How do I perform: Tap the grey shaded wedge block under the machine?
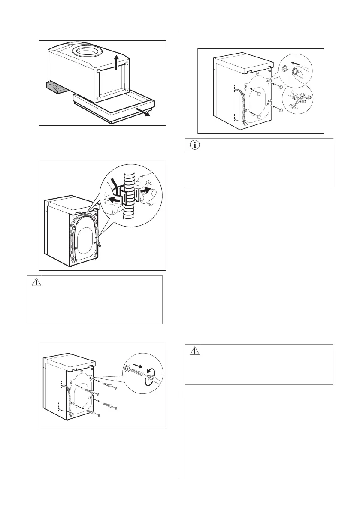54,88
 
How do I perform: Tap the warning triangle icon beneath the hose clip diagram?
36,282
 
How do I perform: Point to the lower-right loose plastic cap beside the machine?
281,110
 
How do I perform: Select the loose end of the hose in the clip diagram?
100,244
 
